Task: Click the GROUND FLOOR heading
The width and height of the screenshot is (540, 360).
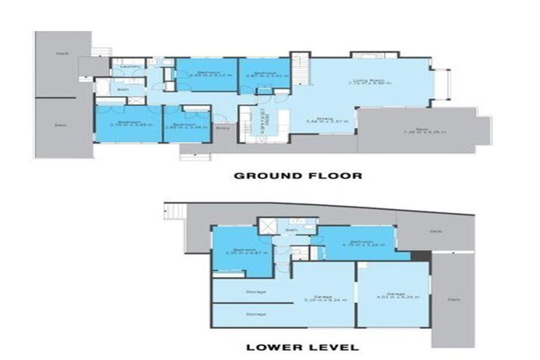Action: tap(297, 175)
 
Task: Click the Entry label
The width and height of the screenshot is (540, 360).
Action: tap(224, 128)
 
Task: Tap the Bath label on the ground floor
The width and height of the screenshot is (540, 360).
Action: tap(122, 89)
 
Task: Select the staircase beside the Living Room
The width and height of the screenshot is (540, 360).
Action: tap(300, 69)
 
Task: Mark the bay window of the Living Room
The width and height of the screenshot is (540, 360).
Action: tap(442, 84)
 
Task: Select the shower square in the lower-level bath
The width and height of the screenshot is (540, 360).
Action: tap(266, 226)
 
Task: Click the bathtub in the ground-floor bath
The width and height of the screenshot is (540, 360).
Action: tap(102, 89)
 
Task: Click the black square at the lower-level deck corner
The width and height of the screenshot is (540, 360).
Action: tap(423, 257)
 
